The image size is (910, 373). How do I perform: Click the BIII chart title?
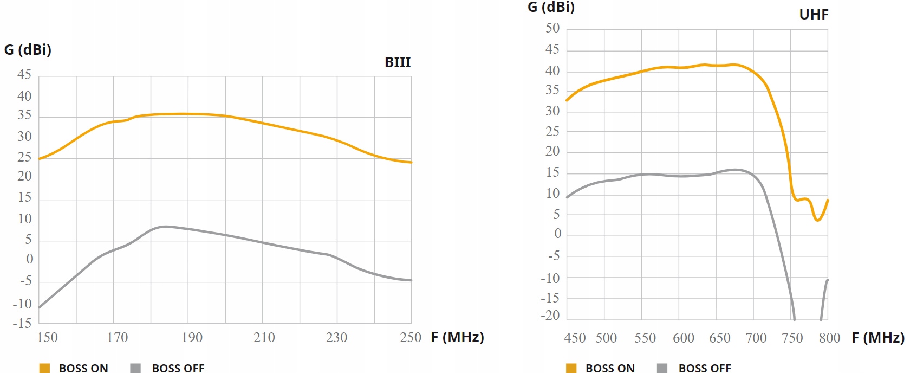[398, 62]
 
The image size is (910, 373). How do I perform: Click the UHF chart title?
[814, 15]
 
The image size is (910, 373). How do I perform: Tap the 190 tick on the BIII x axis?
[192, 337]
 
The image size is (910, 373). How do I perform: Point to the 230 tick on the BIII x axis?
[336, 337]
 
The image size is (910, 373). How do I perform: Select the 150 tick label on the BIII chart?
[47, 337]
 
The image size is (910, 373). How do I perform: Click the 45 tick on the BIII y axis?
[24, 75]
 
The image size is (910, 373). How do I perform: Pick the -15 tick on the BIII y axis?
[22, 324]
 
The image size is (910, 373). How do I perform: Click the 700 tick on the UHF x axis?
[756, 338]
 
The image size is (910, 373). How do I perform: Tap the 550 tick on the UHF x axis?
[645, 338]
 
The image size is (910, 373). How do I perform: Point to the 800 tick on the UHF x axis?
[829, 338]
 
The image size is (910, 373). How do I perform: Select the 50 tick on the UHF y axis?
[552, 28]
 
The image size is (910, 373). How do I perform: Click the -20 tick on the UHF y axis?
[550, 316]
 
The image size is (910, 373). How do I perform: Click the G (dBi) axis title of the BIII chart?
[28, 50]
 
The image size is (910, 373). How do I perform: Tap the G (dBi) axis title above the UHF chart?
[551, 7]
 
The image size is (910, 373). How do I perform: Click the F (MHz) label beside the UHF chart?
[877, 338]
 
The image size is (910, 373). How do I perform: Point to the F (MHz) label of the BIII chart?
[457, 337]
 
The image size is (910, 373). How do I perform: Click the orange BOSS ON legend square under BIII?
[44, 368]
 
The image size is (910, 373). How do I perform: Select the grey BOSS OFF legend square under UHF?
[662, 368]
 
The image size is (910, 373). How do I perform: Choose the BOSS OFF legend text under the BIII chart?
[178, 368]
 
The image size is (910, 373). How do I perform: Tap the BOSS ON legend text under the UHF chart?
[610, 368]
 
